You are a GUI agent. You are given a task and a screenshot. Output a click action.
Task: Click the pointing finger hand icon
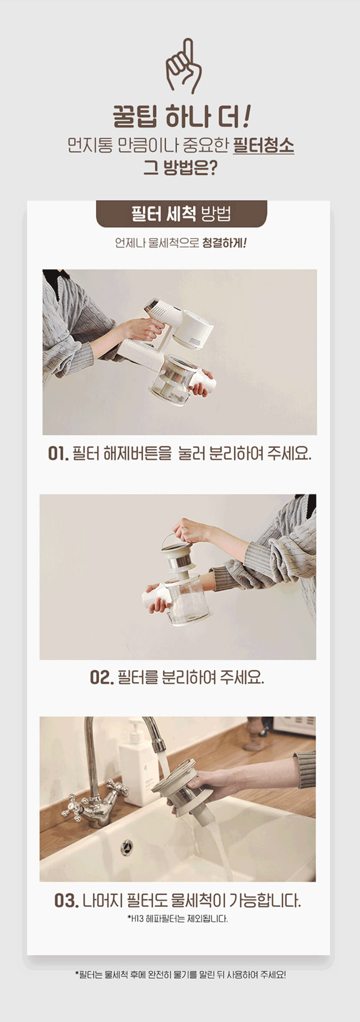point(183,66)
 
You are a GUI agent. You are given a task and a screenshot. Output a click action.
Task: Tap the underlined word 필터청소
point(263,145)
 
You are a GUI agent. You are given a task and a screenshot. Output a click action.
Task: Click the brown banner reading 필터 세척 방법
point(181,214)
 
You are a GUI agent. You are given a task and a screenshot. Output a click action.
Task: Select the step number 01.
point(58,453)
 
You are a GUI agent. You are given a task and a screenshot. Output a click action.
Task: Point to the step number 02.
point(102,677)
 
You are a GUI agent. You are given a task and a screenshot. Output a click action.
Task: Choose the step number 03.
point(67,901)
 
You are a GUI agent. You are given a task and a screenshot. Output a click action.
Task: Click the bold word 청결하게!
point(224,243)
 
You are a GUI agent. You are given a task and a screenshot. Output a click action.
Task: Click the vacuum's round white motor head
point(193,329)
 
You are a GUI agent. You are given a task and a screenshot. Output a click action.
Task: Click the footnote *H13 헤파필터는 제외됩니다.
point(177,919)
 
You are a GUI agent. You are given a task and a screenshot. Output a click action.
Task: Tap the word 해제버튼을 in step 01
point(137,454)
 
